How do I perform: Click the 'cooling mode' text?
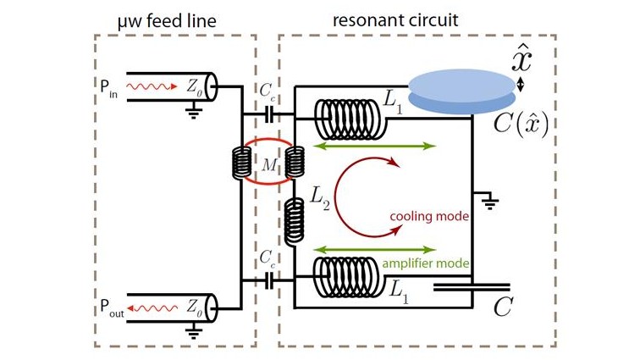pyautogui.click(x=428, y=216)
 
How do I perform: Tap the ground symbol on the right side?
pyautogui.click(x=490, y=200)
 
